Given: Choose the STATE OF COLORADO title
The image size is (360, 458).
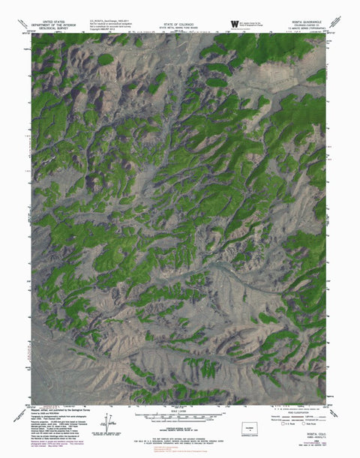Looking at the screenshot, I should pyautogui.click(x=180, y=23).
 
